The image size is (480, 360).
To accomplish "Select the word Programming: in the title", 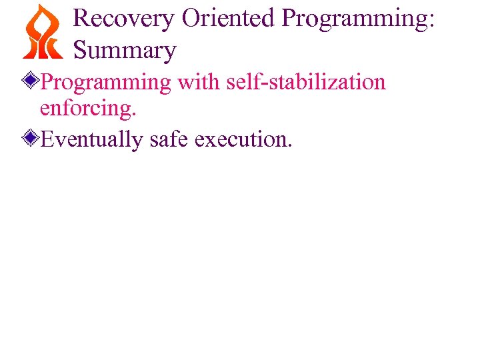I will click(x=359, y=19).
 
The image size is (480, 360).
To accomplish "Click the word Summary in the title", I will click(x=125, y=50).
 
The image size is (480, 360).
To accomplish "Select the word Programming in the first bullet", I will click(x=106, y=83).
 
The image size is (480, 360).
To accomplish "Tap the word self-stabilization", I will click(x=306, y=82).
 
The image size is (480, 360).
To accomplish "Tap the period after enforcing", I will click(x=134, y=115).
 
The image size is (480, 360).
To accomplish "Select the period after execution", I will click(x=289, y=146).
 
